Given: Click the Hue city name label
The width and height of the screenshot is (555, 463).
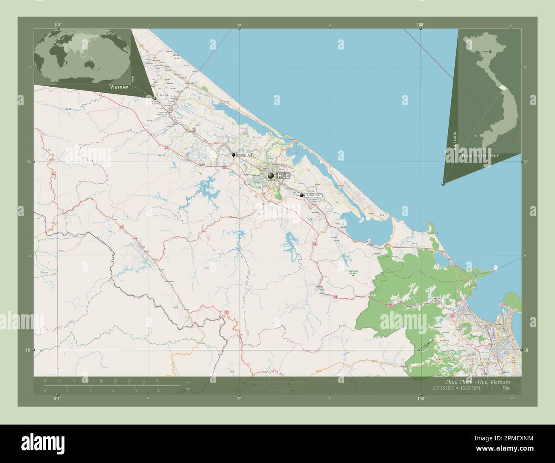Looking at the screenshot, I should pyautogui.click(x=283, y=176).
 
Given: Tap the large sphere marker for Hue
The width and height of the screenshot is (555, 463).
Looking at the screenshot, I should pyautogui.click(x=271, y=176).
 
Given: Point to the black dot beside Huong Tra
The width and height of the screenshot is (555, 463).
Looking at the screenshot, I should pyautogui.click(x=233, y=155).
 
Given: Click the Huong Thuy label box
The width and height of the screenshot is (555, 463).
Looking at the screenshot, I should pyautogui.click(x=313, y=195).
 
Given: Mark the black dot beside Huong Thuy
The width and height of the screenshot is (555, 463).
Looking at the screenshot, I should pyautogui.click(x=302, y=195).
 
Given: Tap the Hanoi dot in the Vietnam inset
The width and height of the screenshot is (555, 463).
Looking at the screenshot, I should pyautogui.click(x=490, y=52).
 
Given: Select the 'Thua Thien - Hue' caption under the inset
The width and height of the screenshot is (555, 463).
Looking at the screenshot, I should pyautogui.click(x=480, y=156).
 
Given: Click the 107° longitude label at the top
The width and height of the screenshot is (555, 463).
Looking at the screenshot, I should pyautogui.click(x=58, y=25).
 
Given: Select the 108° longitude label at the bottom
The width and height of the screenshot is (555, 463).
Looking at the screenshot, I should pyautogui.click(x=421, y=398).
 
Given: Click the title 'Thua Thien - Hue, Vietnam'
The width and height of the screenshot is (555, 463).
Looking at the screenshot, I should pyautogui.click(x=477, y=381).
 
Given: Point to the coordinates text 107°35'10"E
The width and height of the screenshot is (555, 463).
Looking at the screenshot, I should pyautogui.click(x=447, y=388).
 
